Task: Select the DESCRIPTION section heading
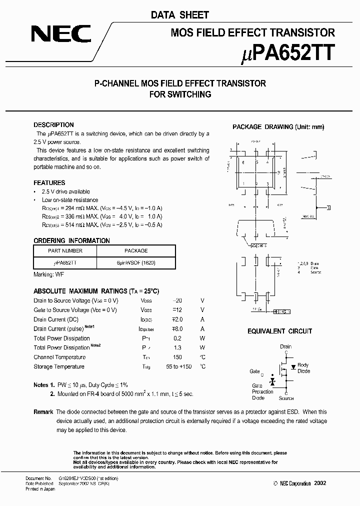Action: (x=53, y=125)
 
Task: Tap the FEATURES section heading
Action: (x=49, y=183)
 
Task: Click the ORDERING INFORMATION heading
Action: (x=71, y=240)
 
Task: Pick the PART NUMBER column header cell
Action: (x=65, y=251)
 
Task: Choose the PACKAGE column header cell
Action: (x=135, y=251)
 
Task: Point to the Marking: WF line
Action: (x=48, y=274)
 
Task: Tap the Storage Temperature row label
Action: (x=58, y=366)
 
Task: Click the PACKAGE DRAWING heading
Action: (x=278, y=127)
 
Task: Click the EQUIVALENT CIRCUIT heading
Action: (x=279, y=331)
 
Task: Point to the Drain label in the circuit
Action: (x=285, y=346)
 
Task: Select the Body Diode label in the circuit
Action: (x=303, y=368)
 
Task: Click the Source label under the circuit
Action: (x=286, y=398)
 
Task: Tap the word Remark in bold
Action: (x=43, y=412)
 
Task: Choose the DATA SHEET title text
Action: (x=180, y=15)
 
